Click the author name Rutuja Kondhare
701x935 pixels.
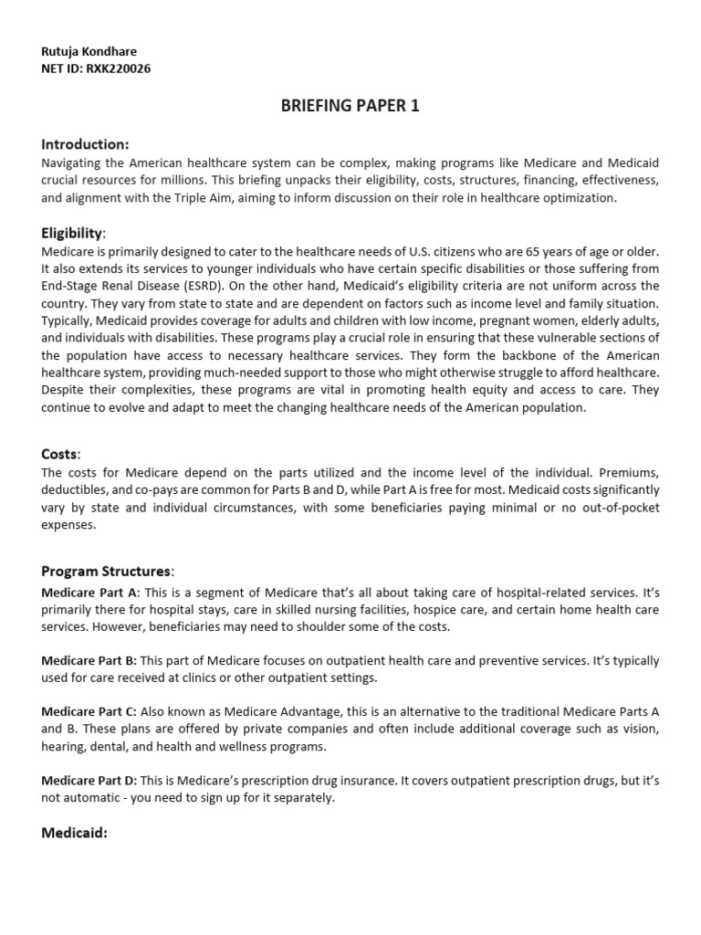point(89,52)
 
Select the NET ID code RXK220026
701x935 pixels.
point(118,68)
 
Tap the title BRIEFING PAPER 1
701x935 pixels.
point(350,107)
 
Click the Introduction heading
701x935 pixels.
point(85,144)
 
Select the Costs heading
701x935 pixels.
point(60,454)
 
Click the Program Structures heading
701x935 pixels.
point(106,571)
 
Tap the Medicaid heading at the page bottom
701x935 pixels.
point(75,832)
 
